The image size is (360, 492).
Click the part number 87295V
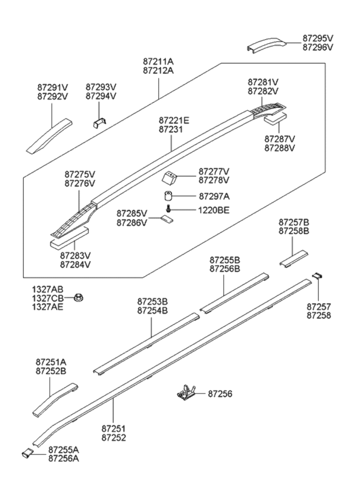(x=318, y=38)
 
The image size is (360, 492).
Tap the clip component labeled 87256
(x=186, y=392)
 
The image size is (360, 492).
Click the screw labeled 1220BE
(x=169, y=210)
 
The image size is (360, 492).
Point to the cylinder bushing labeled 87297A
(x=169, y=195)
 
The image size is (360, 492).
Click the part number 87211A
(x=158, y=61)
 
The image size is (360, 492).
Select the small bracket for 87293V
(x=100, y=122)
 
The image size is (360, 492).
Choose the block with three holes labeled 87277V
(x=170, y=176)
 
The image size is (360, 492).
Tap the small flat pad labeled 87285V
(x=168, y=219)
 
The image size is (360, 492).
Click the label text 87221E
(x=174, y=120)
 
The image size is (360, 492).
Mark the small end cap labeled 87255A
(x=27, y=454)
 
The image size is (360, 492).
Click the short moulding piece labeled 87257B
(x=294, y=259)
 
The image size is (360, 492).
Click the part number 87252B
(x=51, y=371)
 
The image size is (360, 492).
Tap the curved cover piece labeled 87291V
(x=49, y=136)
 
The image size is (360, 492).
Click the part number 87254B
(x=152, y=310)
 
